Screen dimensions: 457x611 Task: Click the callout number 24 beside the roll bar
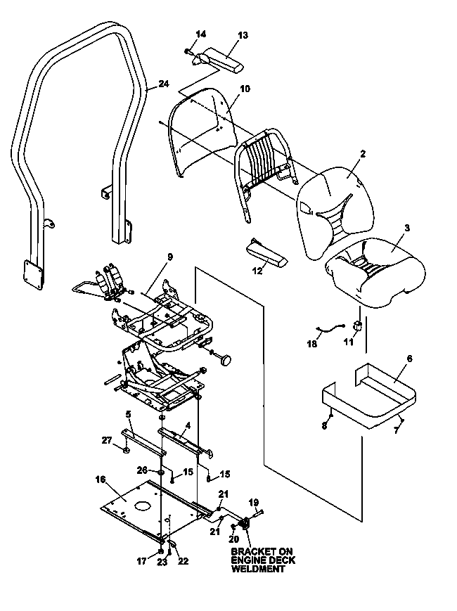click(x=164, y=84)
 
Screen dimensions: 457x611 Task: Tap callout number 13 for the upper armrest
click(x=243, y=35)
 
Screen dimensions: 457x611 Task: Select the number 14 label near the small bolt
click(x=200, y=34)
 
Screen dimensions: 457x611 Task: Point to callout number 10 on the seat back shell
click(x=245, y=89)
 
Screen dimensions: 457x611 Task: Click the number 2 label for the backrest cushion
click(x=363, y=153)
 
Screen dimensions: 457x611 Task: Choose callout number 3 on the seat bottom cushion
click(x=407, y=228)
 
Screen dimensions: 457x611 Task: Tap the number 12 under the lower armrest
click(x=257, y=271)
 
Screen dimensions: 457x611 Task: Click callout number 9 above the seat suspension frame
click(x=170, y=257)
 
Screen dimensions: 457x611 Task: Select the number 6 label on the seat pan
click(x=409, y=359)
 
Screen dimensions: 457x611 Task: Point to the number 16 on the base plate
click(x=101, y=479)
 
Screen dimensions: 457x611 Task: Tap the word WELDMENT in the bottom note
click(x=258, y=569)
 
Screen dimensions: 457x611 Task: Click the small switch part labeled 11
click(x=358, y=326)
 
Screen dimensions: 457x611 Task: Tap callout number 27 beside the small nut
click(x=107, y=441)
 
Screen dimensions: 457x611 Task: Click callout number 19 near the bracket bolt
click(x=254, y=503)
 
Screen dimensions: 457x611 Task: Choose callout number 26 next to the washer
click(x=142, y=470)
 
